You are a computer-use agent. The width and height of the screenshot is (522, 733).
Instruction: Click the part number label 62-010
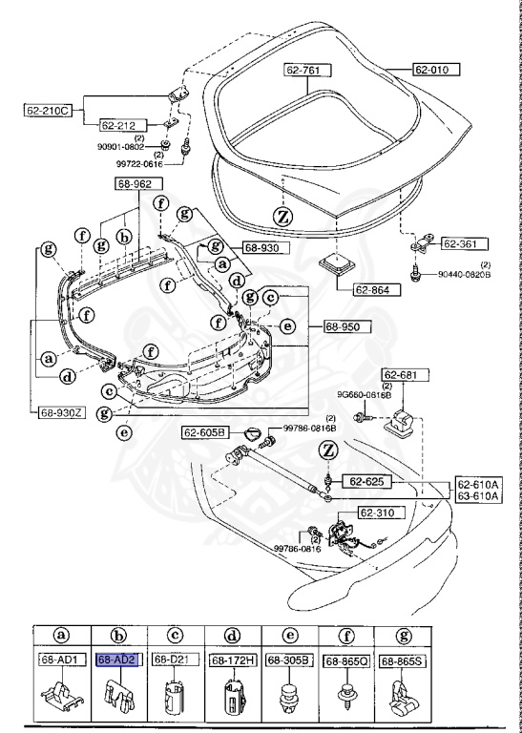point(436,70)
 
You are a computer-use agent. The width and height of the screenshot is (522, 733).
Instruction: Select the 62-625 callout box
point(364,481)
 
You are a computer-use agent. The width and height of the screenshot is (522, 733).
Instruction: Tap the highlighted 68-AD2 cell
point(119,660)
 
